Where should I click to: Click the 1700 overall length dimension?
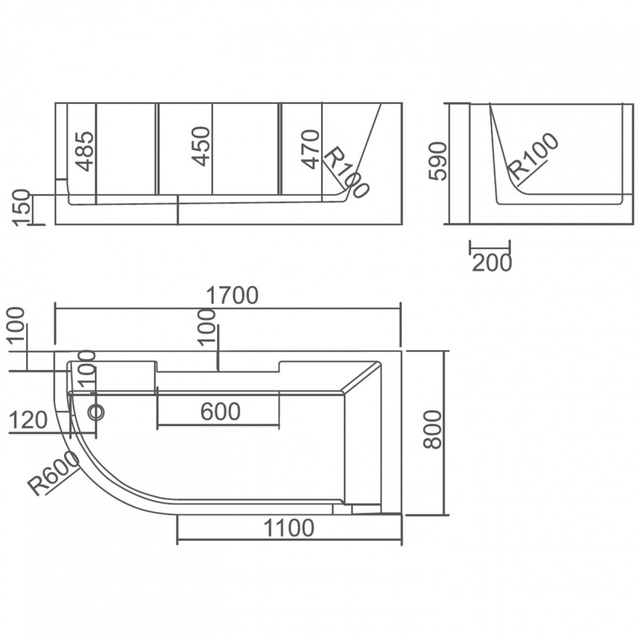pos(232,295)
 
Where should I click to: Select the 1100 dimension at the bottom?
pos(289,528)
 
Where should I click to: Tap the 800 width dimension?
pos(433,430)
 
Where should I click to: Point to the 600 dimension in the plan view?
pos(221,411)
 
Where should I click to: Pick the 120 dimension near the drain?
pos(29,420)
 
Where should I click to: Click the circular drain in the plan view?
pos(97,411)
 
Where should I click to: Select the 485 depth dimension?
pos(86,151)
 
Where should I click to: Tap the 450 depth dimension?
pos(201,146)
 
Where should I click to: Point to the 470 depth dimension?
pos(310,149)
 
